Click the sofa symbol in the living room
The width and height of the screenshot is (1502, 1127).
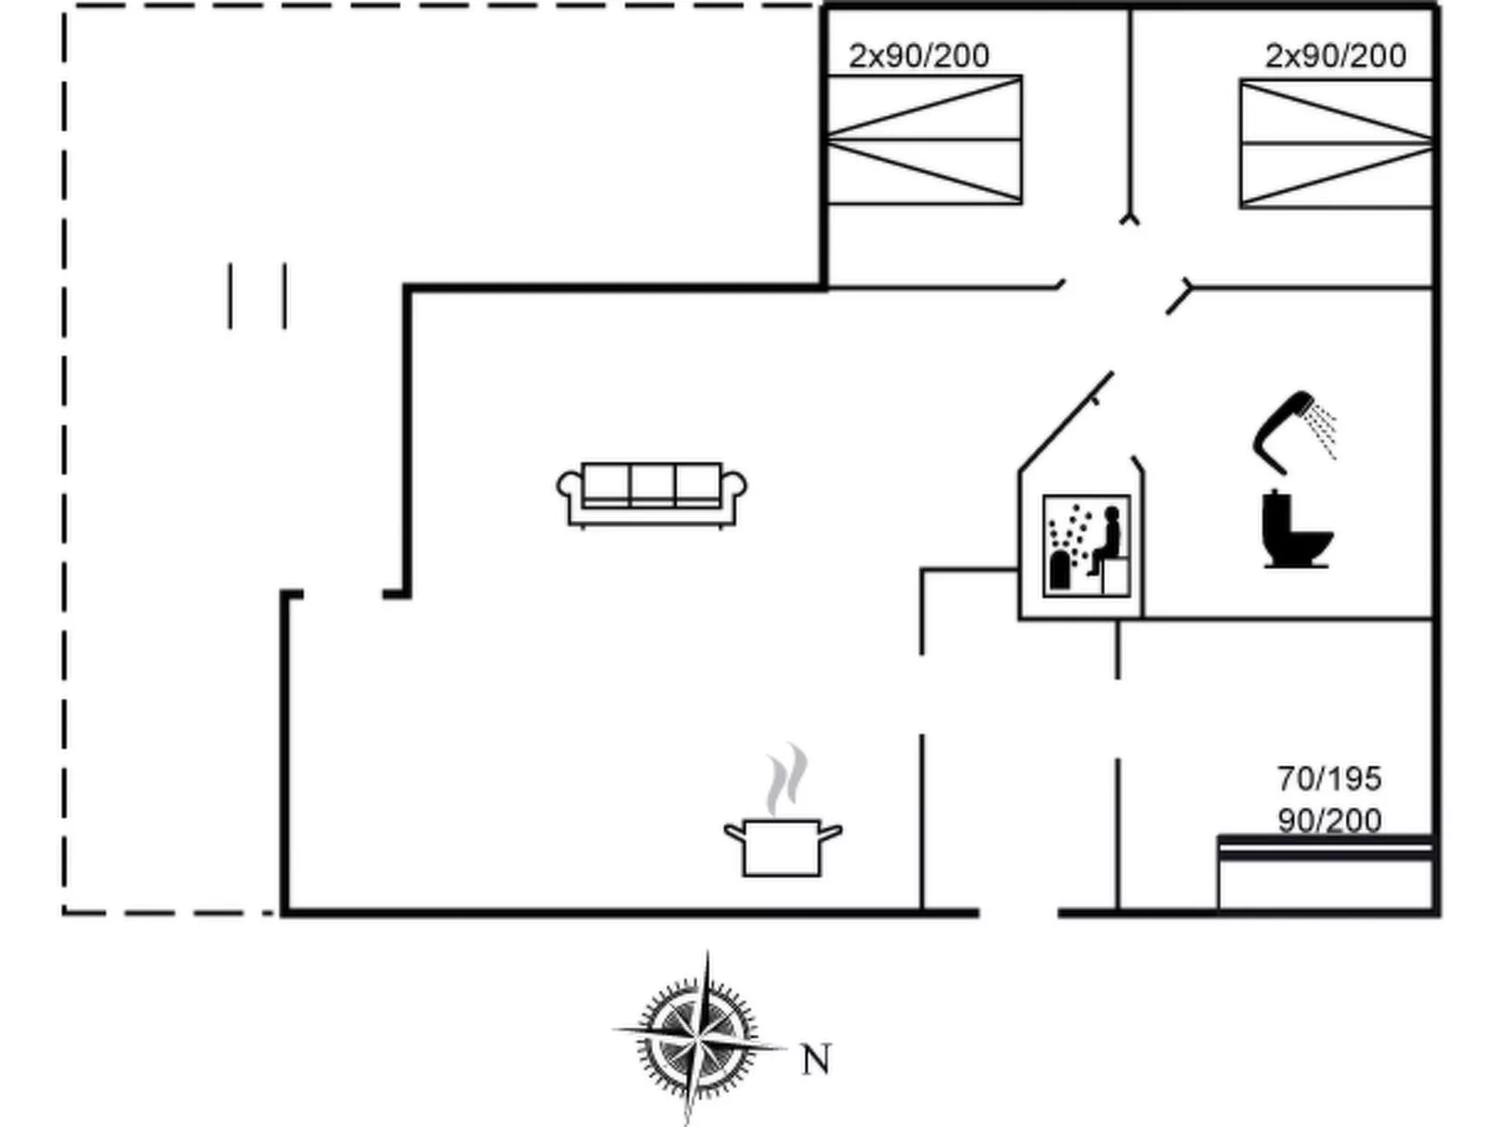(x=652, y=494)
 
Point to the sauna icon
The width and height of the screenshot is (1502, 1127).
(x=1087, y=546)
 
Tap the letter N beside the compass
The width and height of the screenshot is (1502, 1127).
(x=816, y=1061)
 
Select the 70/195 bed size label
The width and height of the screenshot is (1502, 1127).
(x=1328, y=778)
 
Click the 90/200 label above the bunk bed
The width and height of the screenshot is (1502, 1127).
(x=1328, y=820)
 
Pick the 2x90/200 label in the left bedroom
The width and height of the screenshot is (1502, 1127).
(x=918, y=56)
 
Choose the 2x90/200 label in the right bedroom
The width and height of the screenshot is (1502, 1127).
(x=1335, y=56)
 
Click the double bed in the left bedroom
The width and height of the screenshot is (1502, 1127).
(x=924, y=140)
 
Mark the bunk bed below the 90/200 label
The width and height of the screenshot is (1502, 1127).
(x=1325, y=872)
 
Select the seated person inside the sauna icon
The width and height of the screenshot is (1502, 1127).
(x=1106, y=541)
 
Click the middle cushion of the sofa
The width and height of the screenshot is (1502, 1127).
(x=652, y=484)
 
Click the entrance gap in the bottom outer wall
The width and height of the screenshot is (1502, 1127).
(x=1018, y=912)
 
